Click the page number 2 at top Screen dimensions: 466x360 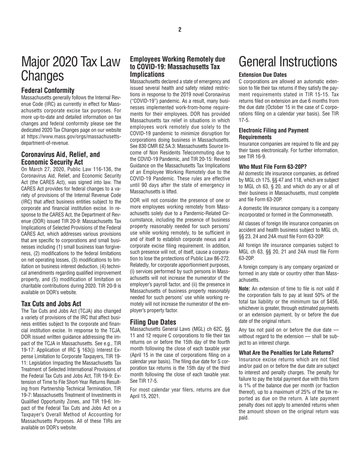tap(180, 30)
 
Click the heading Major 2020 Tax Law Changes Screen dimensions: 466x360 tap(71, 69)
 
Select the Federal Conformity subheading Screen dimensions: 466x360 tap(48, 91)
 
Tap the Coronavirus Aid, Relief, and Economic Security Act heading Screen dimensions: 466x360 tap(61, 158)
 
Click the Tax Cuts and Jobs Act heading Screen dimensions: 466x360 tap(51, 303)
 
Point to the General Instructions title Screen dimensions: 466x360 tap(288, 61)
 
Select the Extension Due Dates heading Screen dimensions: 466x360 tap(263, 75)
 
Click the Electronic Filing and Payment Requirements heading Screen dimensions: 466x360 tap(274, 133)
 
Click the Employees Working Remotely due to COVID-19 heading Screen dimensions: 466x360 tap(177, 67)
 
